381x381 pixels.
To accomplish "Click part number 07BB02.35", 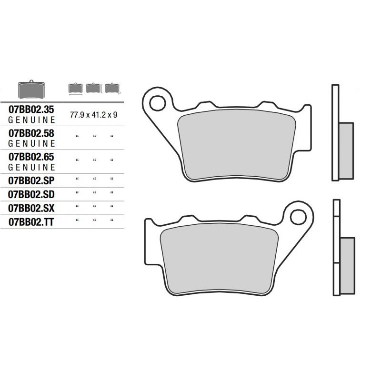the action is [x=31, y=110].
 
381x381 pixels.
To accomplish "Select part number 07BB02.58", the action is [x=31, y=133].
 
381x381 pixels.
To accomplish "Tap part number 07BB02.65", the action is [x=31, y=157].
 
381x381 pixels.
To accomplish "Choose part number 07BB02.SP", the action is [x=31, y=180].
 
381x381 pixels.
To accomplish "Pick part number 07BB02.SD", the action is [x=31, y=194].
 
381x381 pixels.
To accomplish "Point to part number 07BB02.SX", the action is [x=31, y=208].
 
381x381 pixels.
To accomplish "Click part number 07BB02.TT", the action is [x=31, y=222].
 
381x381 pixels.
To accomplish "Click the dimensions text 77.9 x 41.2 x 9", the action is [x=93, y=115].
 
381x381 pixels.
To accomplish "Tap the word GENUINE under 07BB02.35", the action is [x=31, y=120].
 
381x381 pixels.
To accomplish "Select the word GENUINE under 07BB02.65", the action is [x=31, y=168].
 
